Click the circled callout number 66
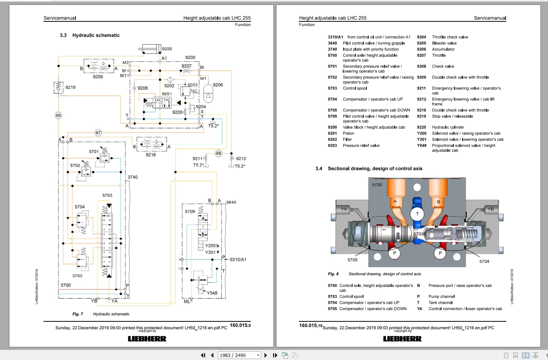coord(58,115)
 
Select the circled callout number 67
coord(98,133)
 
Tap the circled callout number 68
coord(219,153)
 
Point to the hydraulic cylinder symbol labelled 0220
coord(150,49)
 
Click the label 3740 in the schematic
coord(132,177)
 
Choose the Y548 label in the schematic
coord(212,293)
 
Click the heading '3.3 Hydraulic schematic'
coord(90,35)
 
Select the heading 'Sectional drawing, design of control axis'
coord(375,168)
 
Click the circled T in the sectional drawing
coord(417,214)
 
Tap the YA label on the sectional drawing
coord(344,209)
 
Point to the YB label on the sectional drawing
coord(490,209)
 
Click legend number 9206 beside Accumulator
coord(421,49)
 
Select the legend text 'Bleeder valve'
coord(444,43)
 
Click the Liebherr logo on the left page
coord(147,339)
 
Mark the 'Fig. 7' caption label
coord(78,314)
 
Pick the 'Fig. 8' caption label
coord(333,274)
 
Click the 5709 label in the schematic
coord(190,211)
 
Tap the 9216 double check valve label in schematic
coord(151,154)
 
